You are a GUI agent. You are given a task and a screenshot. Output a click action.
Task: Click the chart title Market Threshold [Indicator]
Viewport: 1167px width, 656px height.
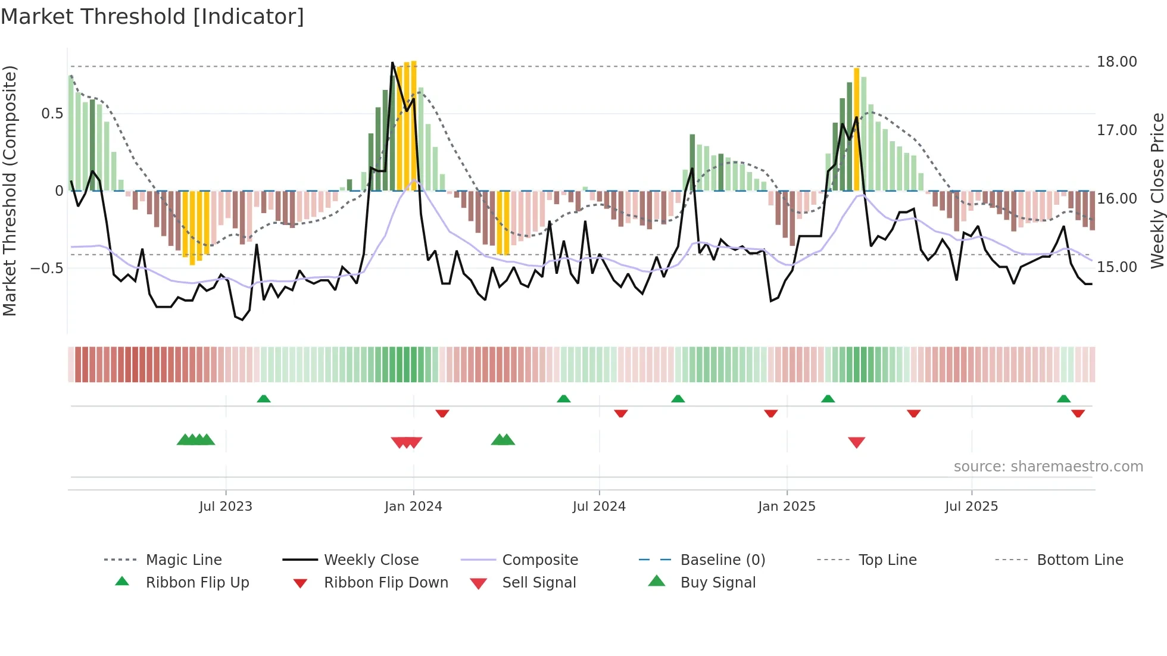pos(152,17)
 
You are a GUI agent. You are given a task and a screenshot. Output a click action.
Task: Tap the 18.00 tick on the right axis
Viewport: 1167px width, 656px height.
pos(1116,62)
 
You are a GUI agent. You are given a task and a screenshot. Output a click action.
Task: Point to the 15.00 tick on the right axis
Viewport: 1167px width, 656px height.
pos(1116,267)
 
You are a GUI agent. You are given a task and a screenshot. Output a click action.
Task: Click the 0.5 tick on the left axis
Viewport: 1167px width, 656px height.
pos(52,114)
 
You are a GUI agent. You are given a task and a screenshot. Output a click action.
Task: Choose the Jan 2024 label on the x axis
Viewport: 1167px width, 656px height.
pos(413,507)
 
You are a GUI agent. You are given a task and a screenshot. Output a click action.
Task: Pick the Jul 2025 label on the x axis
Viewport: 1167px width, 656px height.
pos(971,507)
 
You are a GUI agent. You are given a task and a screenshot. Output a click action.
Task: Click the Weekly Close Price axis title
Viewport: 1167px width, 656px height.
pos(1157,190)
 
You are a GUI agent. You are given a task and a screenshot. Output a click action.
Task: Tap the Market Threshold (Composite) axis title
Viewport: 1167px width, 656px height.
pos(10,190)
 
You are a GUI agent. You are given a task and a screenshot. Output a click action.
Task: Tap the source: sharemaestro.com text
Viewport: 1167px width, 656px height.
pos(1048,467)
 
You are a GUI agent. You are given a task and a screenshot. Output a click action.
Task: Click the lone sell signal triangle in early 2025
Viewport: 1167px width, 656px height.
pos(856,442)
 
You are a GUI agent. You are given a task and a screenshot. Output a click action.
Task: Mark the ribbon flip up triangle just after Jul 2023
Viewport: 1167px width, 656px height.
pos(264,398)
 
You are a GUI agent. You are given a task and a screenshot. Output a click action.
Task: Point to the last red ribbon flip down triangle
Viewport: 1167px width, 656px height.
pos(1078,413)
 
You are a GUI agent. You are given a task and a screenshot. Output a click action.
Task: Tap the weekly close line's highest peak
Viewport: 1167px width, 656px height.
pos(392,63)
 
